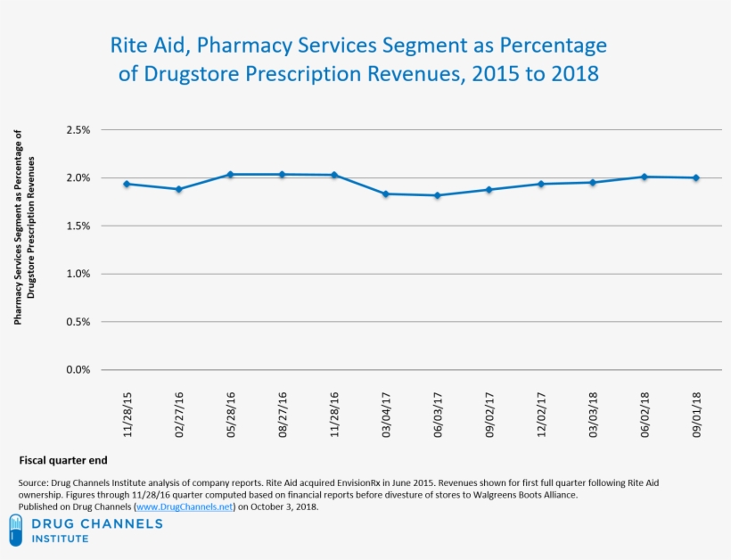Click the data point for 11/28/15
click(x=127, y=184)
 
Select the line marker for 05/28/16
click(x=230, y=174)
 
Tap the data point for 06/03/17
click(x=437, y=195)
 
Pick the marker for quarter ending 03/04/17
click(x=385, y=194)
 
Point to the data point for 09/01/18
click(x=695, y=177)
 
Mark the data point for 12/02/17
click(x=540, y=184)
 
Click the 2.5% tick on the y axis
click(x=78, y=130)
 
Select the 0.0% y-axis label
click(x=78, y=369)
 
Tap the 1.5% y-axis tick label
click(x=78, y=226)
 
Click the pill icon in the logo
click(x=15, y=531)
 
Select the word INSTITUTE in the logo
click(x=60, y=539)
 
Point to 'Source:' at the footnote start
click(x=33, y=482)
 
